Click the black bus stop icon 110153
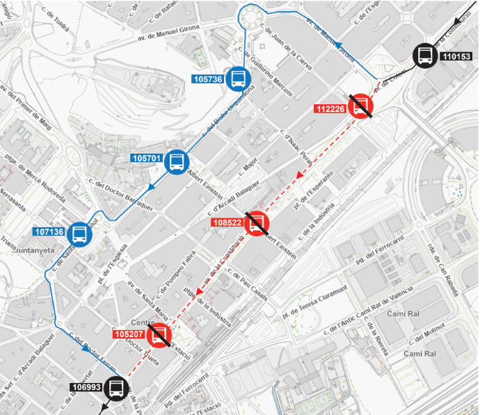[x=425, y=56]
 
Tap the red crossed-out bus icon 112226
[x=362, y=106]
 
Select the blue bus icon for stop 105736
[x=239, y=79]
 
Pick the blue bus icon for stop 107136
[x=79, y=233]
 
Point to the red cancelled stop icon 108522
[x=256, y=222]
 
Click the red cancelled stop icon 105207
[x=160, y=335]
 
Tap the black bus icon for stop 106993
[x=117, y=388]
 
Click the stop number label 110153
[x=456, y=56]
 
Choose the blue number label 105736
[x=208, y=79]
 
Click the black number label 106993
[x=86, y=388]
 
